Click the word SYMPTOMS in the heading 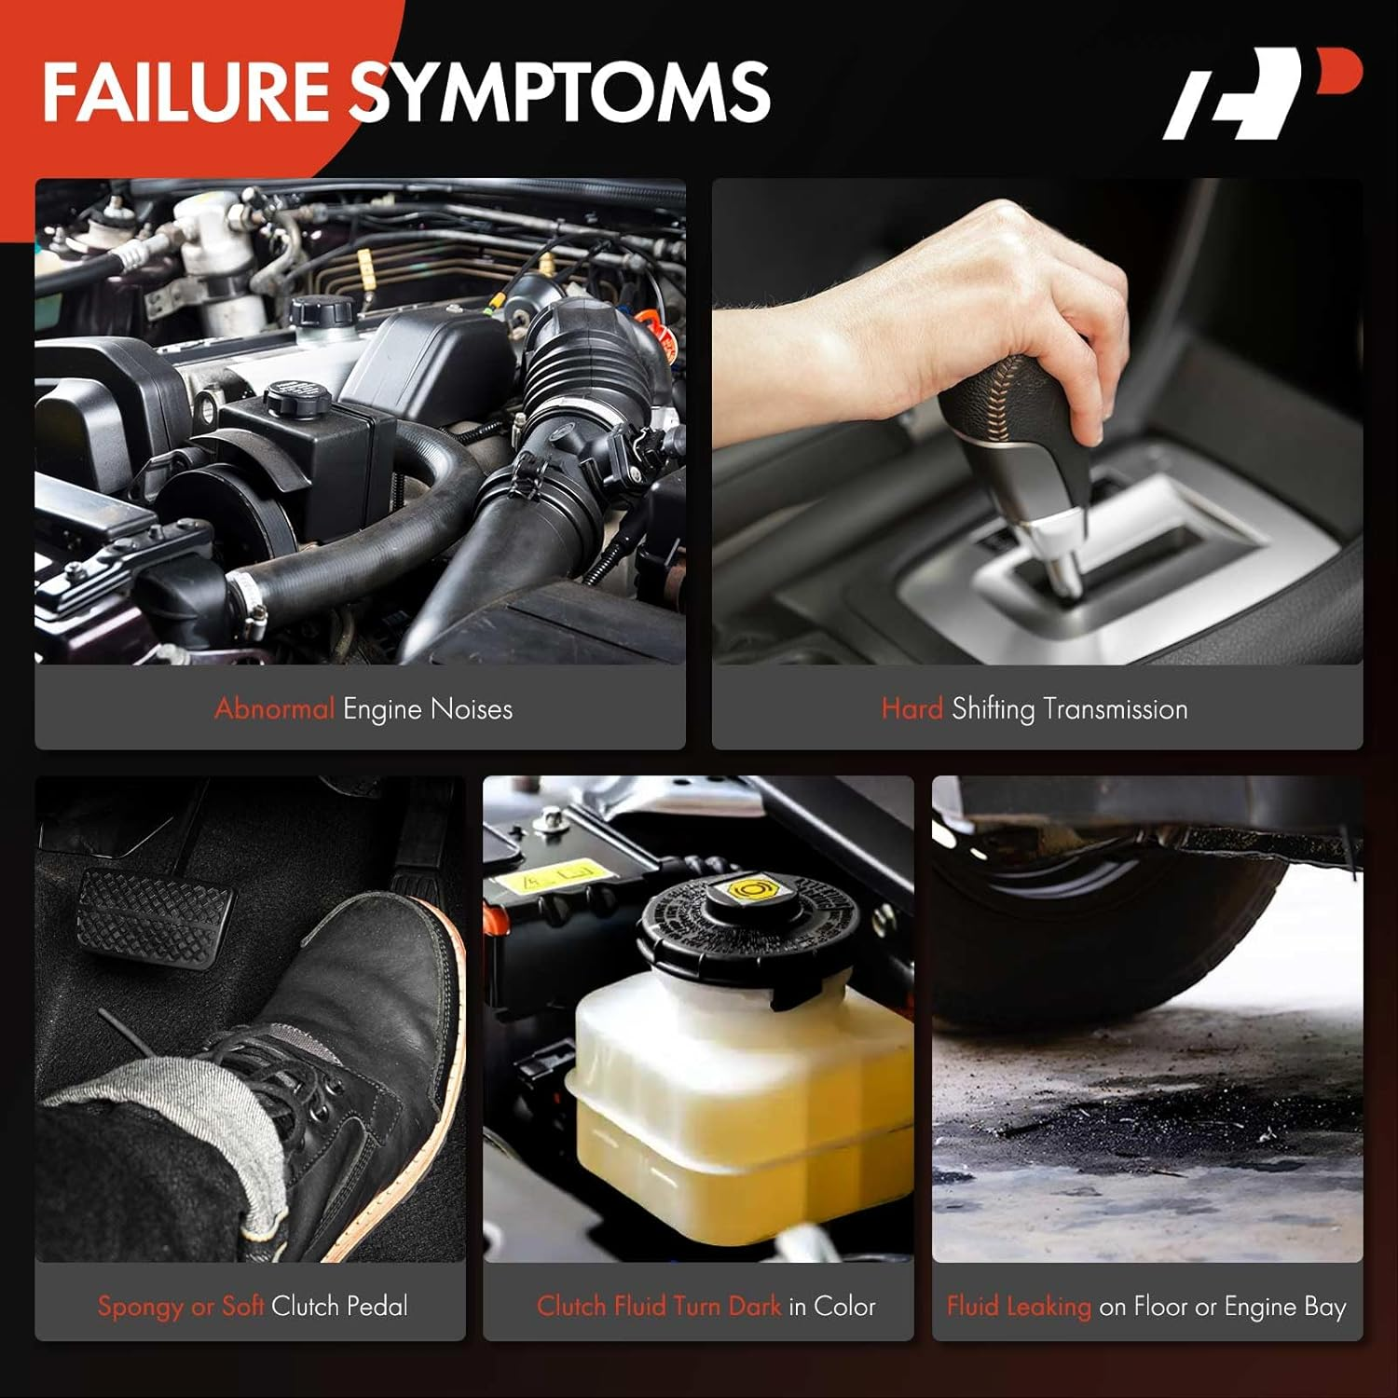tap(560, 91)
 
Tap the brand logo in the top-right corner tap(1262, 92)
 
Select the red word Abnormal tap(274, 708)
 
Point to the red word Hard tap(912, 708)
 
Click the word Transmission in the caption tap(1116, 709)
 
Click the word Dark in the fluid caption tap(754, 1306)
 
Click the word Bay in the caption tap(1325, 1307)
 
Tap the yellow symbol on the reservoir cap tap(747, 890)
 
